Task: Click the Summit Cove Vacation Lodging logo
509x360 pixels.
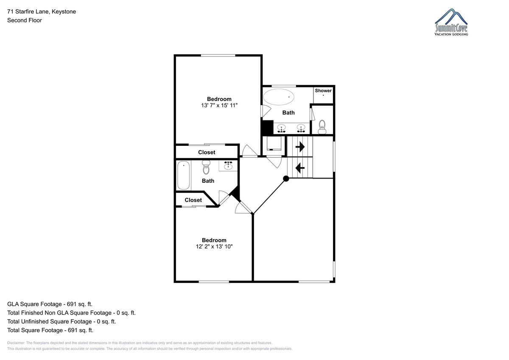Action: (451, 22)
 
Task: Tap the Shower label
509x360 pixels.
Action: (323, 91)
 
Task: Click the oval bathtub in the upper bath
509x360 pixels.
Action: (279, 97)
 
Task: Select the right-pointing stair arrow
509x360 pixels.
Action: (300, 147)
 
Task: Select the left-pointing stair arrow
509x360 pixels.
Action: (300, 168)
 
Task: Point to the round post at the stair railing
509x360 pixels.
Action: (286, 179)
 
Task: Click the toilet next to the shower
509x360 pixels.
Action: (322, 127)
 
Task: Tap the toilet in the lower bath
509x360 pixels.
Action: (206, 167)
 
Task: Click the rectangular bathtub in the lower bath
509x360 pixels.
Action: (183, 175)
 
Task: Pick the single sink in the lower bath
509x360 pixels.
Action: (228, 165)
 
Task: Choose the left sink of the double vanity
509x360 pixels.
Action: (282, 128)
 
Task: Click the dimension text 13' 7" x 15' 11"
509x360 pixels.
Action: (219, 106)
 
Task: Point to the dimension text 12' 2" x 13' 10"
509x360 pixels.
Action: (214, 246)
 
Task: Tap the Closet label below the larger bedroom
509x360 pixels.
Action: (207, 152)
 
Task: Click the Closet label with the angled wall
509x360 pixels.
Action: (193, 200)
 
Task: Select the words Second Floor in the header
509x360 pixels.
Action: (25, 20)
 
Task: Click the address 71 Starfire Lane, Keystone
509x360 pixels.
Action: (42, 11)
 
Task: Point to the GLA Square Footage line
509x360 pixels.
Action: (50, 304)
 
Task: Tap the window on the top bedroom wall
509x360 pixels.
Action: (218, 56)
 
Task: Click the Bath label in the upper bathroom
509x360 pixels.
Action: (288, 113)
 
